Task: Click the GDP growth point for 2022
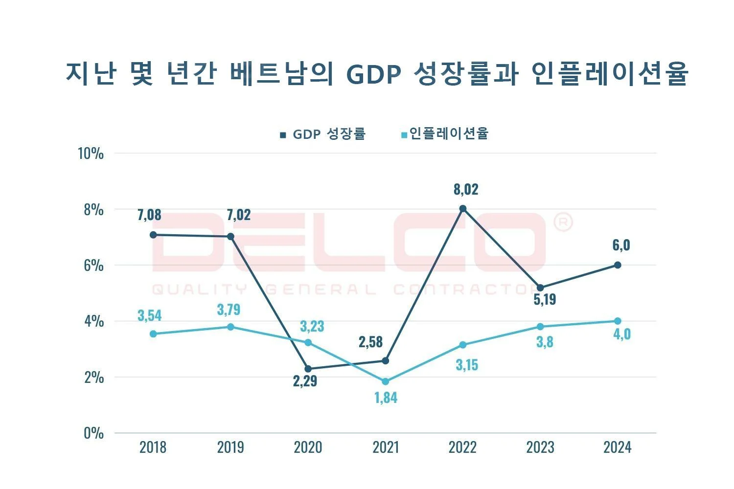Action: [x=463, y=209]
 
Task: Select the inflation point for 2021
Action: [x=386, y=381]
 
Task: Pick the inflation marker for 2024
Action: [x=618, y=321]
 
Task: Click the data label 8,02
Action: [x=466, y=189]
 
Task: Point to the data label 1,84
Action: [x=386, y=398]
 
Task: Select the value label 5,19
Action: [x=545, y=299]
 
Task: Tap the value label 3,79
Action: [x=229, y=310]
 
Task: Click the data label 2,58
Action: [x=370, y=342]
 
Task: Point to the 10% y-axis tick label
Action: [x=91, y=154]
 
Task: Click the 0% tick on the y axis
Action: [x=93, y=433]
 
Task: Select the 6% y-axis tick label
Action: [x=93, y=266]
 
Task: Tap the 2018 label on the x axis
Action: [x=153, y=447]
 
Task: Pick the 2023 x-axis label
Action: [x=540, y=447]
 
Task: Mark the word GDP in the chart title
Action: [x=374, y=74]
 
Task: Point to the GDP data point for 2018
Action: [x=153, y=235]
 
